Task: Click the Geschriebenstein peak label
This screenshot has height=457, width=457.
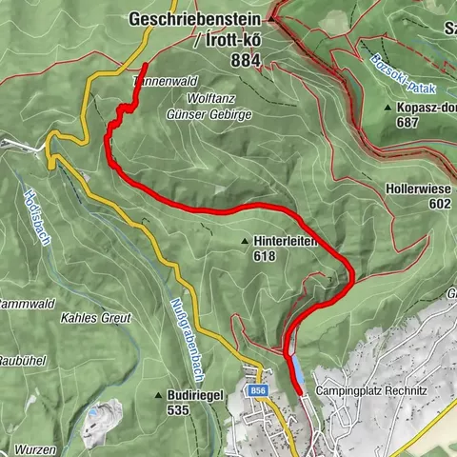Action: click(195, 18)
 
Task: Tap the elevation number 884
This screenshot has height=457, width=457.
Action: click(245, 59)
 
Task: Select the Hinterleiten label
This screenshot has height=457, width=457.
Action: click(285, 242)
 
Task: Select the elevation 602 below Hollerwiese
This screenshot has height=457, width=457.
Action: click(439, 204)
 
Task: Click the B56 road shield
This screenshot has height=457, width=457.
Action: click(257, 390)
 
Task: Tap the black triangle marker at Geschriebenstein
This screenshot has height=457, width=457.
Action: click(271, 18)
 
